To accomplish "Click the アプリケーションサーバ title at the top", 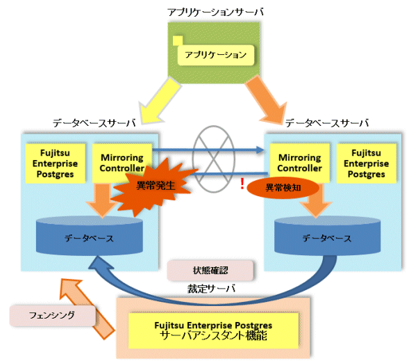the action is click(x=215, y=12).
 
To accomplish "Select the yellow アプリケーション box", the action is click(x=216, y=55).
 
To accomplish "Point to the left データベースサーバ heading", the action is click(x=94, y=123).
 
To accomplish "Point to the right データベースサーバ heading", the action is click(x=327, y=123).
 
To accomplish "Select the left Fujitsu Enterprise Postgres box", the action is click(x=56, y=163).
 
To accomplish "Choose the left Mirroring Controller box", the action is click(x=122, y=163).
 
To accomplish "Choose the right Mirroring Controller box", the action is click(x=299, y=163).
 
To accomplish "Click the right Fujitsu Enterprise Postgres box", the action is click(x=366, y=163).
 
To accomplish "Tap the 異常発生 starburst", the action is click(x=154, y=186).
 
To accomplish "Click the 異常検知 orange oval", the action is click(x=283, y=188).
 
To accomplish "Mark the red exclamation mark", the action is click(x=242, y=184).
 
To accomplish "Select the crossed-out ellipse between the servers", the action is click(x=214, y=159).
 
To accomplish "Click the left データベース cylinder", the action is click(x=89, y=236).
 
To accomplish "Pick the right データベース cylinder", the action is click(x=327, y=236).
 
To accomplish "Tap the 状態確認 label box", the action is click(x=210, y=271).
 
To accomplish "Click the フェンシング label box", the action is click(x=52, y=316).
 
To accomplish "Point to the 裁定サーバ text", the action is click(x=211, y=289).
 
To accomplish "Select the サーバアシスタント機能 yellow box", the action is click(x=213, y=330).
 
